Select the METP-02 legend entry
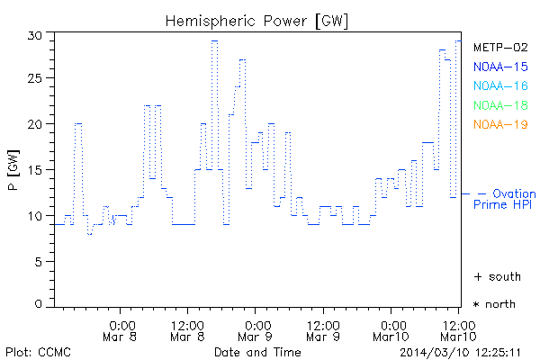click(x=500, y=48)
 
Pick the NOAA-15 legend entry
click(x=500, y=67)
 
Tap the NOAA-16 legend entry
click(x=500, y=85)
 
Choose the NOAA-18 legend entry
click(x=500, y=105)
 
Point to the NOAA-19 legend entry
click(x=500, y=124)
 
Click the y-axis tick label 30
click(x=35, y=35)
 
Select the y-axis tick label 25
click(x=35, y=79)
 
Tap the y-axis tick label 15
click(x=35, y=170)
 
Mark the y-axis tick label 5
click(x=39, y=261)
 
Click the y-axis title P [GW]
click(x=13, y=171)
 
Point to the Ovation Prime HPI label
click(x=505, y=199)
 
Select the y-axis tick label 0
click(x=39, y=305)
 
